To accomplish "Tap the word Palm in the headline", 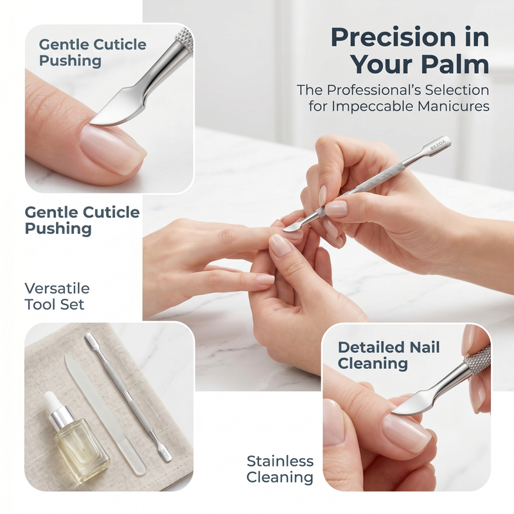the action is pyautogui.click(x=456, y=64).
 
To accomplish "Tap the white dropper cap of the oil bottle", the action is pyautogui.click(x=51, y=401).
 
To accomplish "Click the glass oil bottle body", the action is pyautogui.click(x=82, y=451).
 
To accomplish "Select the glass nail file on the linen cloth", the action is pyautogui.click(x=105, y=414).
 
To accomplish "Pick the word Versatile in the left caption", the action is pyautogui.click(x=57, y=288).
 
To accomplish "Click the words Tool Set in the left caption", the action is pyautogui.click(x=55, y=305).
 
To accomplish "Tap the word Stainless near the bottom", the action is pyautogui.click(x=280, y=461).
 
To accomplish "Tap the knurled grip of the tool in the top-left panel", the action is pyautogui.click(x=184, y=40).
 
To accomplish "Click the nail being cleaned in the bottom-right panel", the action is pyautogui.click(x=406, y=431).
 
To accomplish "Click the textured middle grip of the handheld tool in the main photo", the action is pyautogui.click(x=380, y=178).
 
